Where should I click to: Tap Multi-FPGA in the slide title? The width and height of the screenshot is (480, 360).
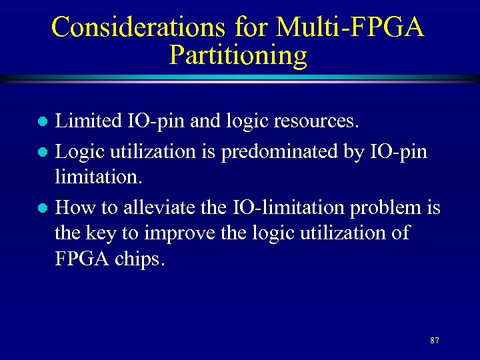pyautogui.click(x=349, y=27)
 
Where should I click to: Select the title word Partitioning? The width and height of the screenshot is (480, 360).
pyautogui.click(x=238, y=55)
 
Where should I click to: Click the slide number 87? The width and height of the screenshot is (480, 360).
pyautogui.click(x=435, y=341)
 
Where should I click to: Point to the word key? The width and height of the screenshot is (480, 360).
pyautogui.click(x=103, y=234)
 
